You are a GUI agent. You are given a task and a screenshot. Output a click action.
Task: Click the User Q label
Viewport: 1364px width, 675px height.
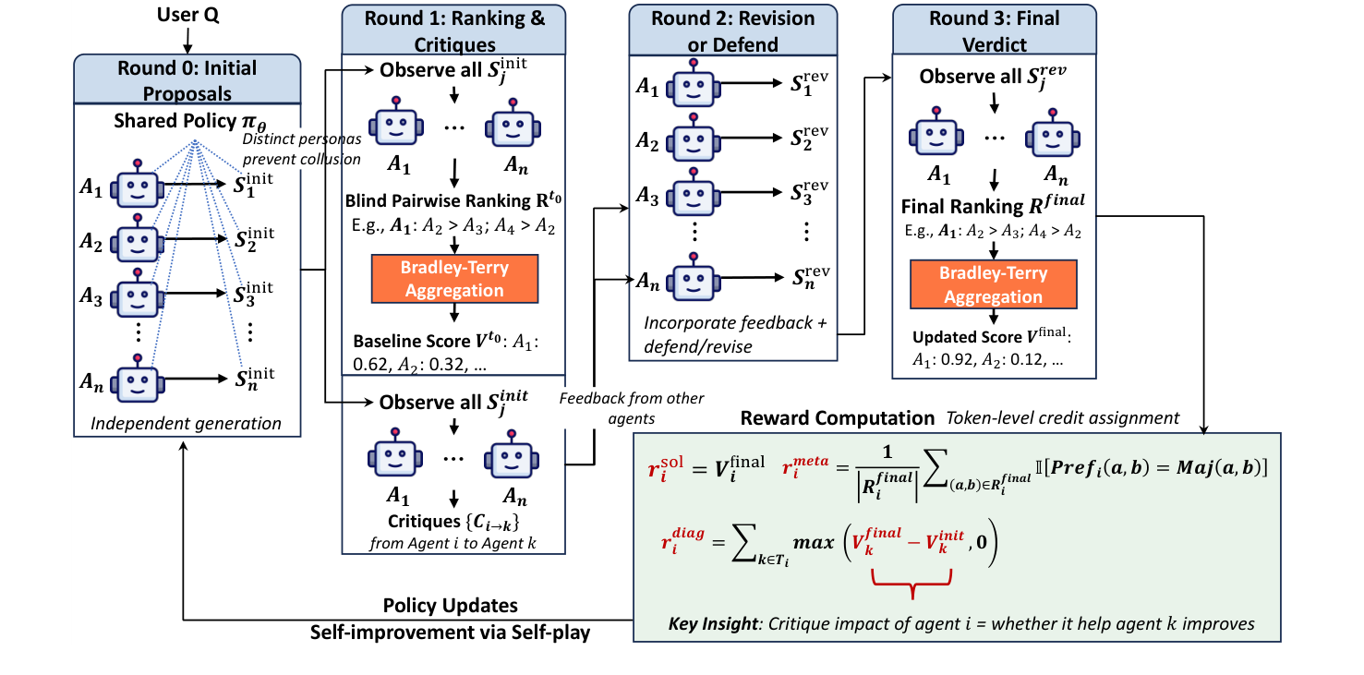point(187,16)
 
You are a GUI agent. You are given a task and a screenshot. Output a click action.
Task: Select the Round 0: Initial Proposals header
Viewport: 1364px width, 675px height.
point(187,80)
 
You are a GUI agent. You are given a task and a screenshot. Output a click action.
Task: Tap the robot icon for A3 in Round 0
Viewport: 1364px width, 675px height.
point(138,296)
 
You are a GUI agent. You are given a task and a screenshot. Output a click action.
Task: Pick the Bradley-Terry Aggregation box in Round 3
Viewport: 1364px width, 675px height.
point(993,284)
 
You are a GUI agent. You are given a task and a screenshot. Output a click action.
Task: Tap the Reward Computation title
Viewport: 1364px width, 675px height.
point(838,417)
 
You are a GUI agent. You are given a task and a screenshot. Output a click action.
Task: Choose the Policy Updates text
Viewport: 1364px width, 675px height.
point(451,606)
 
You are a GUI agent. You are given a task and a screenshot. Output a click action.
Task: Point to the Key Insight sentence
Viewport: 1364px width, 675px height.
point(961,623)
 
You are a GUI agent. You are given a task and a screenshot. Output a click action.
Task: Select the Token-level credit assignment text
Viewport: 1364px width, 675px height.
point(1062,418)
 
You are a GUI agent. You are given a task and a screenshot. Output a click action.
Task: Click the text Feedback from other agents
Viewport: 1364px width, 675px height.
point(632,406)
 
